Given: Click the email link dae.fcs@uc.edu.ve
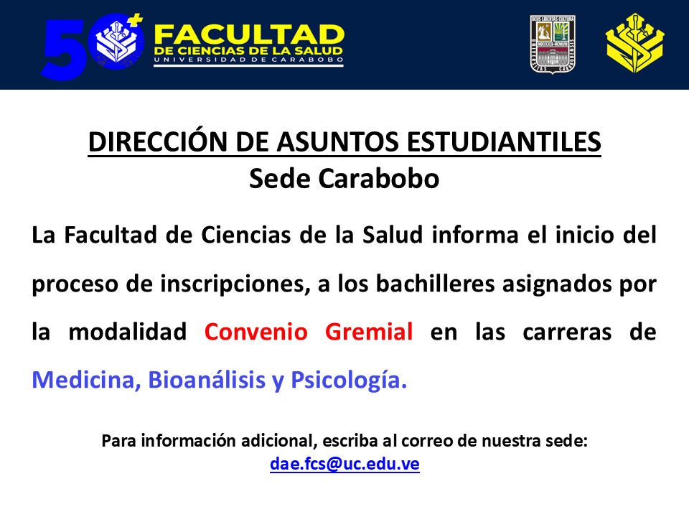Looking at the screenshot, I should point(344,464).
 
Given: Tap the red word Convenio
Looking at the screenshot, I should point(256,332).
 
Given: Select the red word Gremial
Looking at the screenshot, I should point(369,332).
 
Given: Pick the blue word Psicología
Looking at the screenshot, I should point(348,380).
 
